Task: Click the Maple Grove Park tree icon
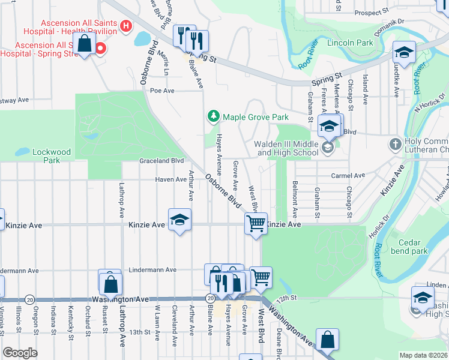pyautogui.click(x=212, y=116)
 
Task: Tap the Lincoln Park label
pyautogui.click(x=350, y=43)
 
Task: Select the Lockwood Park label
pyautogui.click(x=52, y=156)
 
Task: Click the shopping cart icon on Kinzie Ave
pyautogui.click(x=256, y=224)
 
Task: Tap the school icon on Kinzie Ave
pyautogui.click(x=179, y=221)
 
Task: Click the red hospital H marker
pyautogui.click(x=125, y=26)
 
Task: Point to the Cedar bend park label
pyautogui.click(x=408, y=247)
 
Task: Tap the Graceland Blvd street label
pyautogui.click(x=161, y=161)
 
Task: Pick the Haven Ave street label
pyautogui.click(x=170, y=179)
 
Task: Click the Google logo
pyautogui.click(x=20, y=353)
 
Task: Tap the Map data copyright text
pyautogui.click(x=423, y=355)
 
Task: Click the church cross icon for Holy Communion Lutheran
pyautogui.click(x=395, y=144)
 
